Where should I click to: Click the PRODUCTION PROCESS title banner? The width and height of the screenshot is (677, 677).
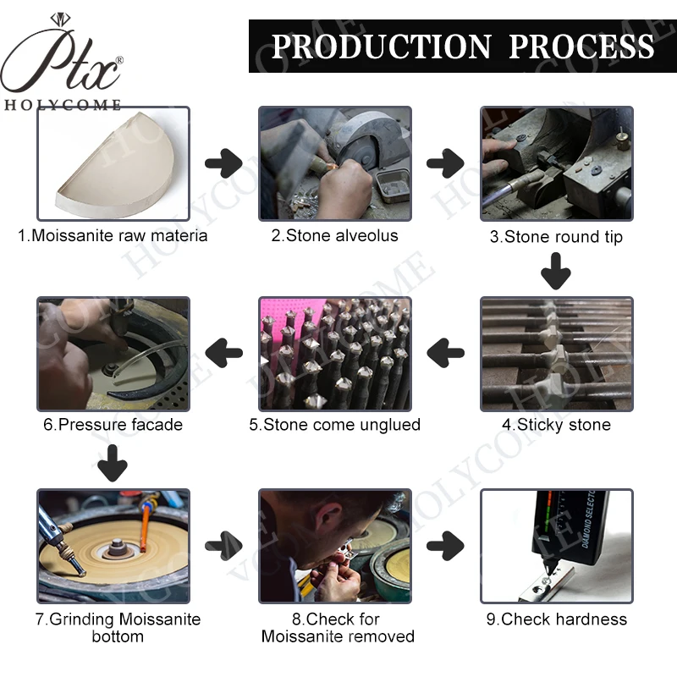pyautogui.click(x=461, y=45)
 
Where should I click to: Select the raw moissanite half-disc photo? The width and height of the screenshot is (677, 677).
pyautogui.click(x=113, y=163)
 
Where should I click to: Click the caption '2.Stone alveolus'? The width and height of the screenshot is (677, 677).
pyautogui.click(x=334, y=236)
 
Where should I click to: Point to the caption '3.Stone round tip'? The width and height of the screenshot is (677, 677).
pyautogui.click(x=556, y=237)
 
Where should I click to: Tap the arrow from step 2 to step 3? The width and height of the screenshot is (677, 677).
pyautogui.click(x=445, y=162)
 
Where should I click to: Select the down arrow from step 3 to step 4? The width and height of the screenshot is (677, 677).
pyautogui.click(x=556, y=272)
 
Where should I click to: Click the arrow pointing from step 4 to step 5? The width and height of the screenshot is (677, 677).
pyautogui.click(x=445, y=351)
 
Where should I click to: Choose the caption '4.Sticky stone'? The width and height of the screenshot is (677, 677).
pyautogui.click(x=556, y=425)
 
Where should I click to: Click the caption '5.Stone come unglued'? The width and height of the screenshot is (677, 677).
pyautogui.click(x=334, y=425)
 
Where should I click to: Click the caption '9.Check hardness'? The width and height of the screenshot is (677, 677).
pyautogui.click(x=556, y=619)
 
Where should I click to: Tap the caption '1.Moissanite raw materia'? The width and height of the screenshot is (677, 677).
pyautogui.click(x=113, y=236)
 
